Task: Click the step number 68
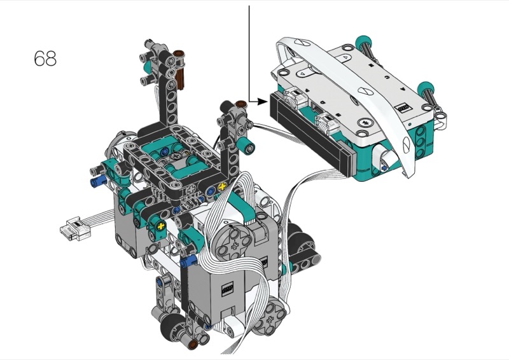tap(45, 59)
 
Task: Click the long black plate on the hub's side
tap(311, 133)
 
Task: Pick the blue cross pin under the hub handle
tap(384, 168)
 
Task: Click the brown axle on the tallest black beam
tap(179, 70)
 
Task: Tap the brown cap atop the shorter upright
tap(241, 104)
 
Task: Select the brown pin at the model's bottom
tap(193, 344)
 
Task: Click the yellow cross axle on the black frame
tap(222, 186)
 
